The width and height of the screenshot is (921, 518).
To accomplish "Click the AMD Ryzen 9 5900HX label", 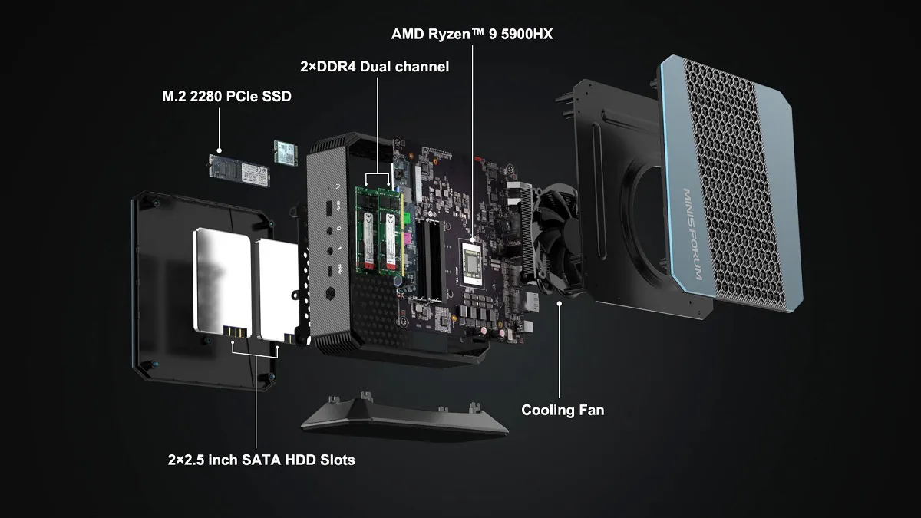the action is point(472,34).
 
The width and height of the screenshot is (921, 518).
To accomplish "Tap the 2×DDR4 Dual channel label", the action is point(375,67).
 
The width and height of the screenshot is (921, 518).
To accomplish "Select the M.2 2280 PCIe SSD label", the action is point(226,96).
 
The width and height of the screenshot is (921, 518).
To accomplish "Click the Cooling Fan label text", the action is point(563,410).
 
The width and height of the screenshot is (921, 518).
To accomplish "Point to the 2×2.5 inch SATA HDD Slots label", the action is point(261,460).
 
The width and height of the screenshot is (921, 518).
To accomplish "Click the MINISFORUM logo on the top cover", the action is point(693,234).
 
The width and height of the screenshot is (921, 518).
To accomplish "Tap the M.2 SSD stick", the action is point(239,170).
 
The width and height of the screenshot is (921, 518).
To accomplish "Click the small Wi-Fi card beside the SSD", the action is point(286,153).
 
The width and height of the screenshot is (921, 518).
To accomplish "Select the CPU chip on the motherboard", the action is point(474,263).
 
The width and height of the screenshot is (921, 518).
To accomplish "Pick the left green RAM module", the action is point(366,231).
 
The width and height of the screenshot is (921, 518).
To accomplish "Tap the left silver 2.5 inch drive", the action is point(222,282).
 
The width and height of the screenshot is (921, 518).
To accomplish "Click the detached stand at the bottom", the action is point(404,417).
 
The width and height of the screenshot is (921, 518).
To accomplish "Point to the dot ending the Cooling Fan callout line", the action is point(560,303).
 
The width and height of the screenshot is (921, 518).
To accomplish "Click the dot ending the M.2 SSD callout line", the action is point(220,150).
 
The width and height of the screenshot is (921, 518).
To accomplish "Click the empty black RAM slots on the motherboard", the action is point(429,259).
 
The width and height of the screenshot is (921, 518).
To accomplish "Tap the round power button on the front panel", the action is point(330,293).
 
